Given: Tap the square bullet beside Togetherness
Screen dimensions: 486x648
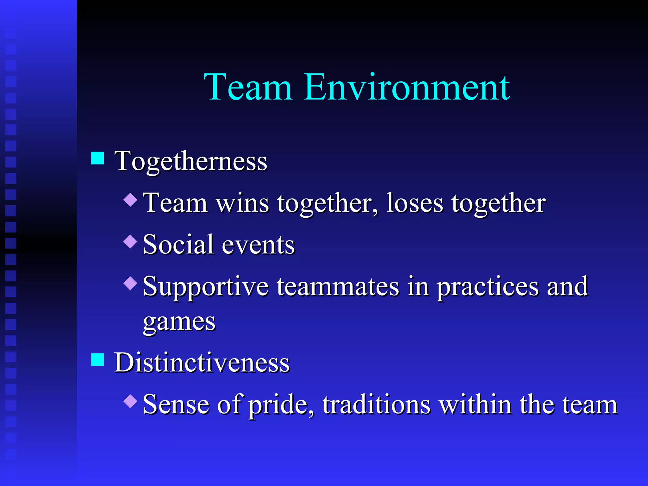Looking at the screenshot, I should coord(97,158).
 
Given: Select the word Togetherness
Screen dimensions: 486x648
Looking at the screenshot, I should coord(191,161).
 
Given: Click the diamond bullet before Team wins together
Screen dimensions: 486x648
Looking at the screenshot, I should coord(130,200).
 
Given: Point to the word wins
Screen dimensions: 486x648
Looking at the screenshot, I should coord(242,203).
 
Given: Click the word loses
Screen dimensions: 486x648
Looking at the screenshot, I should coord(415,203).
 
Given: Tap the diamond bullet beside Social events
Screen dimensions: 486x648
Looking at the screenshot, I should coord(130,241).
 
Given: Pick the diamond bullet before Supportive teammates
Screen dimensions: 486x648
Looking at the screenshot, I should coord(130,283).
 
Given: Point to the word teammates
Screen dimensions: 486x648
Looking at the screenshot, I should coord(338,286).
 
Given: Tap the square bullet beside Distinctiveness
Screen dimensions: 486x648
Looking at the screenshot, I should coord(97,359).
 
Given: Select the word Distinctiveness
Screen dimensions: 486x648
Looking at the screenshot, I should coord(202,363).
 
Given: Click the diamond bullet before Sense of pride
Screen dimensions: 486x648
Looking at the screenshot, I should coord(130,401).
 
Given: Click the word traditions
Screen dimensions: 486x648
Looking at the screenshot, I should coord(377,405).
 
